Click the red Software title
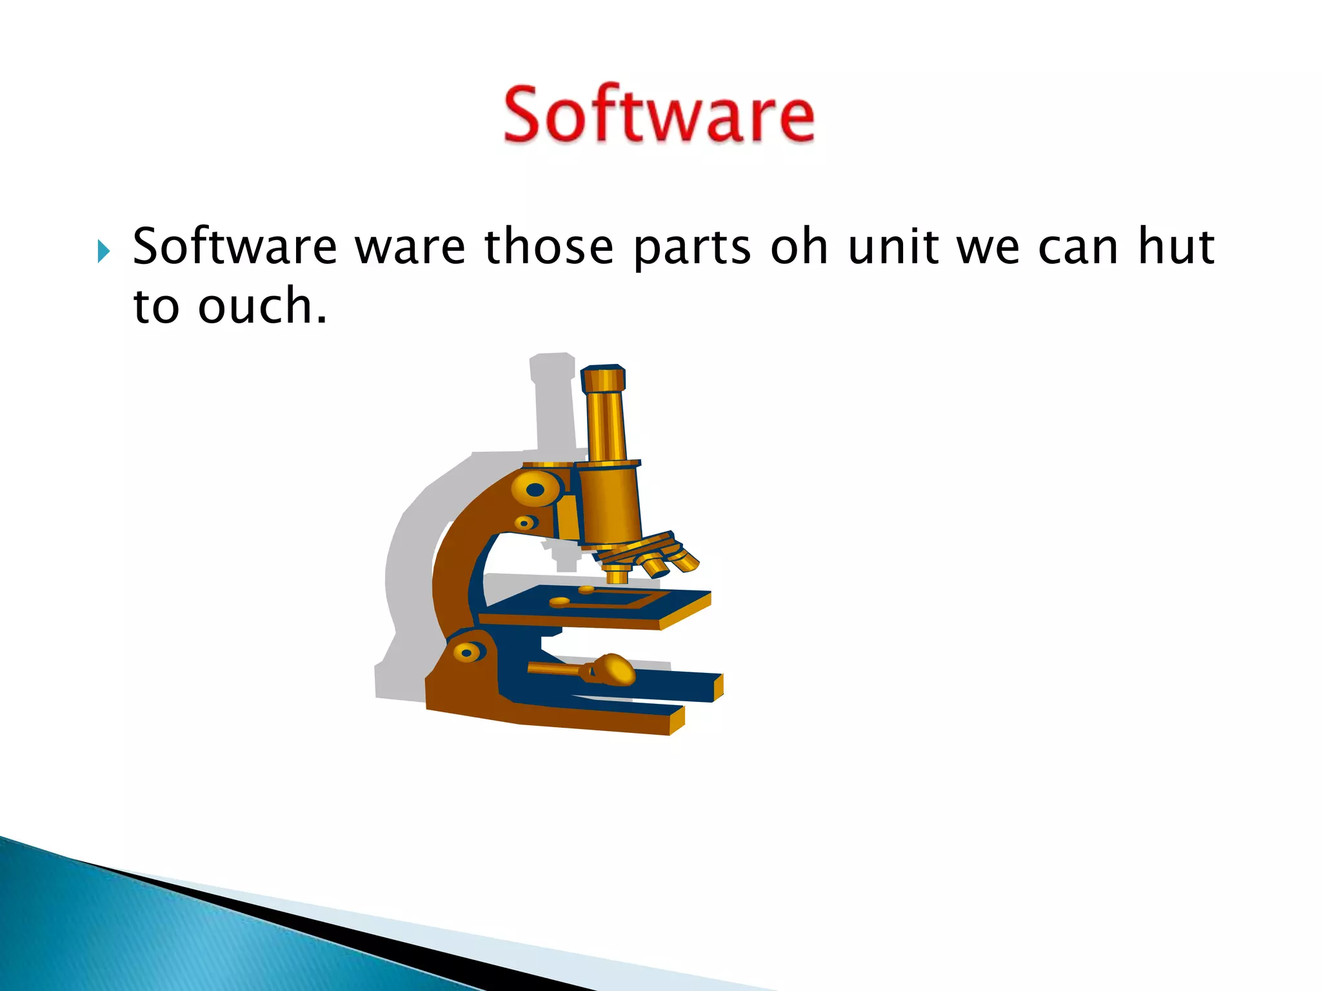[x=659, y=115]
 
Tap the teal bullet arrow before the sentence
[x=103, y=250]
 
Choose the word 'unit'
[x=893, y=247]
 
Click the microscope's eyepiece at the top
[x=603, y=379]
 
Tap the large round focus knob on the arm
[x=535, y=490]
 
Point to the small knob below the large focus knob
[x=526, y=522]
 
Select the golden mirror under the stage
[x=613, y=669]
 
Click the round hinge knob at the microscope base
[x=468, y=652]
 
